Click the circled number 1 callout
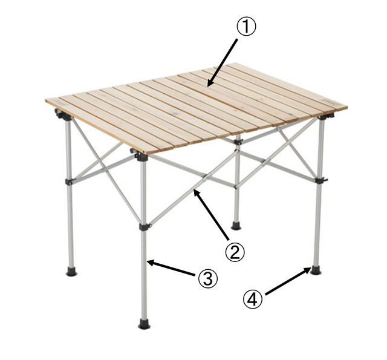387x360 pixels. [247, 27]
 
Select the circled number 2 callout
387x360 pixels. [235, 252]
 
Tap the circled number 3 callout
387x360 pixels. [208, 279]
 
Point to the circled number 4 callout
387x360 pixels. [253, 299]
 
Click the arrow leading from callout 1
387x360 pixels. [223, 63]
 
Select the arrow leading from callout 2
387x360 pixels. [211, 215]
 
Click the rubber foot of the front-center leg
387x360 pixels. [144, 324]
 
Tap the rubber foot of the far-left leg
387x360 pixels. [71, 271]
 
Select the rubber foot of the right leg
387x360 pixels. [316, 270]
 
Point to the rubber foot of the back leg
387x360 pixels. [236, 226]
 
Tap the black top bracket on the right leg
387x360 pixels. [327, 116]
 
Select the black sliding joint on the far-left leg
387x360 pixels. [69, 182]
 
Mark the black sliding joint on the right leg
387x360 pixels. [321, 180]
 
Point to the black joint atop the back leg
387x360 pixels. [238, 142]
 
